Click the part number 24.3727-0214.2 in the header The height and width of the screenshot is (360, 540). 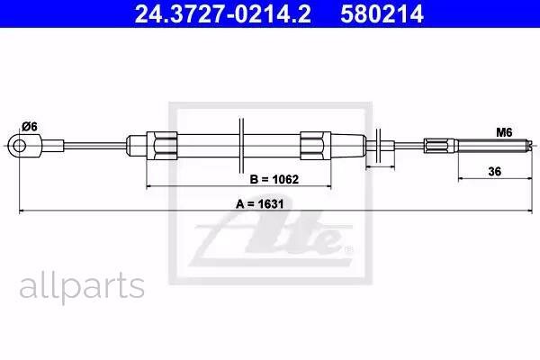click(222, 13)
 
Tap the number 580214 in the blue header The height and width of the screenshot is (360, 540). click(382, 13)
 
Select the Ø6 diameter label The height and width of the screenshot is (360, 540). click(30, 127)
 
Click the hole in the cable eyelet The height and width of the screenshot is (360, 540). click(19, 146)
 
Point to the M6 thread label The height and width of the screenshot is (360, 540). click(504, 132)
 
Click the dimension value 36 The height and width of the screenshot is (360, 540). click(494, 171)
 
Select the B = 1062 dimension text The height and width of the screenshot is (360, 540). click(274, 179)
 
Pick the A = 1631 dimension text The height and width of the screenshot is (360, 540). click(260, 204)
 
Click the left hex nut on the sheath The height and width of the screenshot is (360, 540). click(162, 146)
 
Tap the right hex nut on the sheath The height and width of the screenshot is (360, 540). click(316, 146)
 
